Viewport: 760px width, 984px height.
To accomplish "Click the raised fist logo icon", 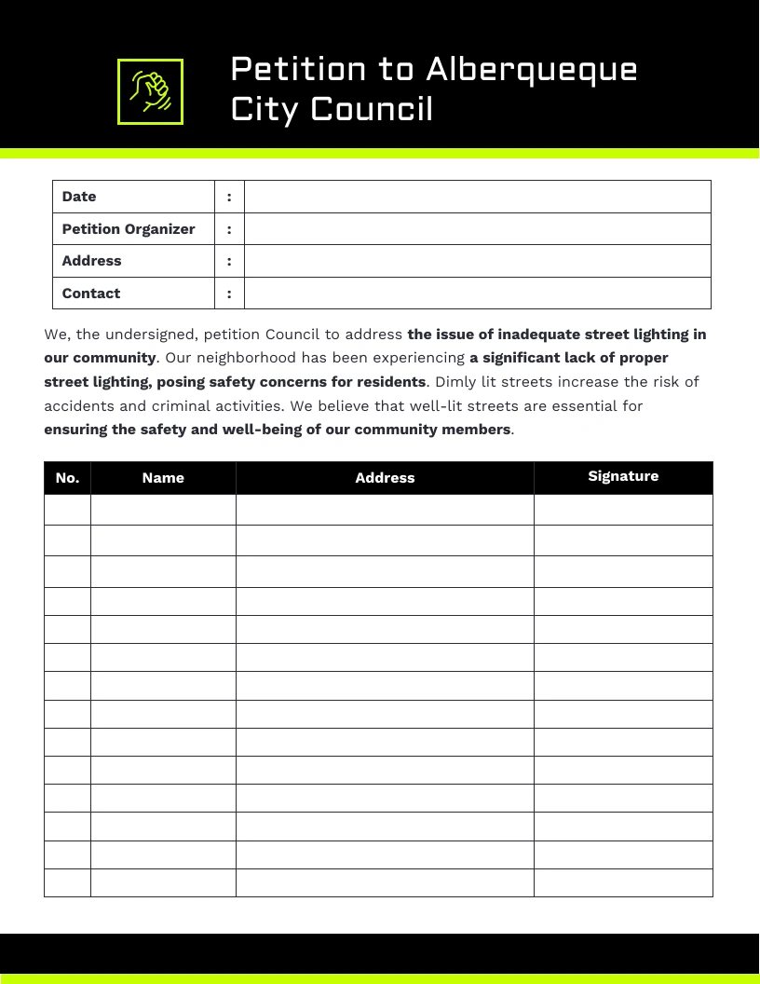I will tap(150, 91).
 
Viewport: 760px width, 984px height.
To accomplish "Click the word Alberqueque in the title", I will tap(532, 69).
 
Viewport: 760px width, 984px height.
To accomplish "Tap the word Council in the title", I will tap(372, 109).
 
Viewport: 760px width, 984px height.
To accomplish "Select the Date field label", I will tap(79, 197).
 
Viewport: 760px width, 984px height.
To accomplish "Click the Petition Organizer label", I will tap(129, 229).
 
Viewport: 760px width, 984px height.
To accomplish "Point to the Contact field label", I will tap(91, 294).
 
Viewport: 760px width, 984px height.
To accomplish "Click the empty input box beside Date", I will tap(477, 197).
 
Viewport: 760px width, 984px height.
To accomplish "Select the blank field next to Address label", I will tap(477, 261).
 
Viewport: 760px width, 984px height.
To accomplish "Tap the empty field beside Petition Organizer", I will tap(477, 229).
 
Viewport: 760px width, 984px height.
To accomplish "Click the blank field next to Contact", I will tap(477, 294).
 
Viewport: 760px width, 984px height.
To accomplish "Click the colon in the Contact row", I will tap(229, 294).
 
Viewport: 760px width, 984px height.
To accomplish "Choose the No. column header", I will tap(67, 478).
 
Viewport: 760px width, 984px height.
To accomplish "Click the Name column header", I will tap(163, 478).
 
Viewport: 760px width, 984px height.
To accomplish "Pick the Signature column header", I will tap(623, 476).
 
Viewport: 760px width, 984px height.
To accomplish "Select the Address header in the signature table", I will tap(385, 478).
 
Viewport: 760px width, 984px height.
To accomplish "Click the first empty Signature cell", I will tap(623, 510).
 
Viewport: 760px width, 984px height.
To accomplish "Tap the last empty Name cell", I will tap(163, 882).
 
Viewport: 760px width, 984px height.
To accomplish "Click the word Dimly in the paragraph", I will tap(456, 382).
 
